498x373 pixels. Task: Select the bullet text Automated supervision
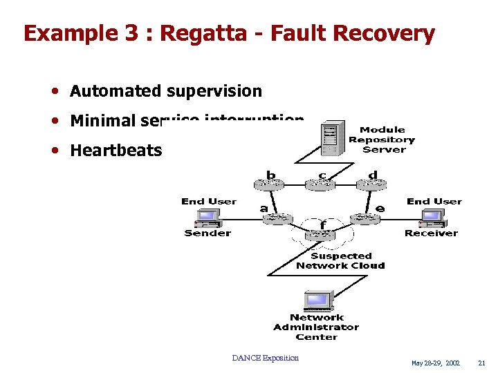pyautogui.click(x=166, y=90)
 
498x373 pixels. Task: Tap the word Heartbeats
pyautogui.click(x=116, y=150)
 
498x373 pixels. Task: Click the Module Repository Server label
pyautogui.click(x=382, y=140)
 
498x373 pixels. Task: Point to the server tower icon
pyautogui.click(x=332, y=138)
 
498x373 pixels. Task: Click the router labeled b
pyautogui.click(x=270, y=185)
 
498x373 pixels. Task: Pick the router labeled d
pyautogui.click(x=371, y=185)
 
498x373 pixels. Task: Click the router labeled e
pyautogui.click(x=365, y=219)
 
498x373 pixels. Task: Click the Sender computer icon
pyautogui.click(x=207, y=218)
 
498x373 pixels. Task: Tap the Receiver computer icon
pyautogui.click(x=432, y=218)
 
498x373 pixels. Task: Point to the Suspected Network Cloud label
pyautogui.click(x=340, y=260)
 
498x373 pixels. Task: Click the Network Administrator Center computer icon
pyautogui.click(x=317, y=302)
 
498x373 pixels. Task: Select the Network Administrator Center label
pyautogui.click(x=316, y=327)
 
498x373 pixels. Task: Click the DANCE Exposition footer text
pyautogui.click(x=266, y=358)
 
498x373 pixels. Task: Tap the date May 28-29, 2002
pyautogui.click(x=436, y=363)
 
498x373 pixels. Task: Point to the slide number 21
pyautogui.click(x=482, y=363)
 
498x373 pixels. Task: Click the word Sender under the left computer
pyautogui.click(x=207, y=233)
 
